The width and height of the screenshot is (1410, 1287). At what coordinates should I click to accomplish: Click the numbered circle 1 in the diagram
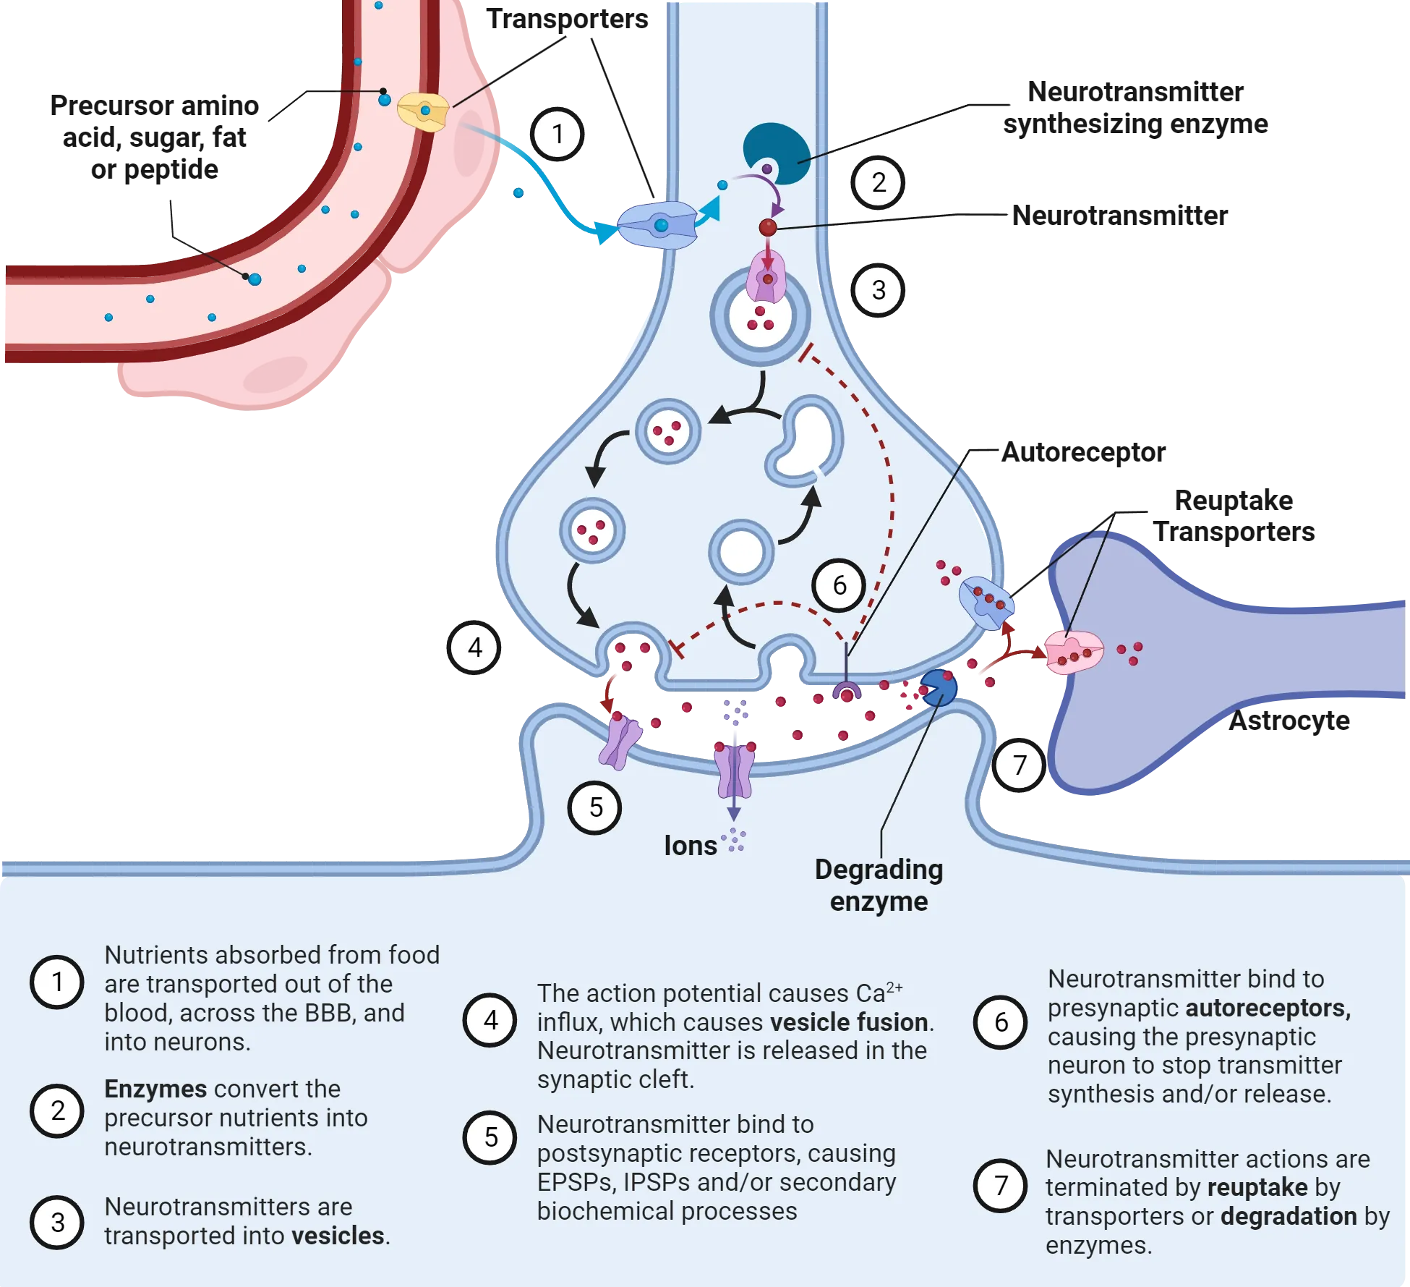[x=557, y=134]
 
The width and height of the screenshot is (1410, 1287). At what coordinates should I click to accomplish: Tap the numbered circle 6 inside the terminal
[x=839, y=585]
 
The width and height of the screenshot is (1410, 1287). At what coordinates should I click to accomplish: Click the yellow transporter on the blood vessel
[x=424, y=111]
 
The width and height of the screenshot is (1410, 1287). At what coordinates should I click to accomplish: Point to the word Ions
[x=690, y=846]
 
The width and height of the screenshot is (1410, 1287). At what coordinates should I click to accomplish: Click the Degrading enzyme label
[x=879, y=885]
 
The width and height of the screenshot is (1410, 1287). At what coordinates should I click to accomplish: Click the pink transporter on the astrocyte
[x=1074, y=653]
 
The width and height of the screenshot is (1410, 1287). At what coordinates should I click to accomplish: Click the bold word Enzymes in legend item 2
[x=155, y=1089]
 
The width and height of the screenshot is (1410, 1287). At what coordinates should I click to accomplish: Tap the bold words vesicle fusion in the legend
[x=849, y=1022]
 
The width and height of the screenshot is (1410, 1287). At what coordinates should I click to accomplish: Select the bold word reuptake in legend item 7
[x=1257, y=1187]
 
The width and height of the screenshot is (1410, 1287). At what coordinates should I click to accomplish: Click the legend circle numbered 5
[x=490, y=1137]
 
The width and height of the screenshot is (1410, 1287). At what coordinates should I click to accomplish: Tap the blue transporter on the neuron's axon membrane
[x=657, y=226]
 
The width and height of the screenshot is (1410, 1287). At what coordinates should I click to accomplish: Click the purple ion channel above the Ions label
[x=734, y=770]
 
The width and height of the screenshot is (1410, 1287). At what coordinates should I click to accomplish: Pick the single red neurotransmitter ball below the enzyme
[x=768, y=228]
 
